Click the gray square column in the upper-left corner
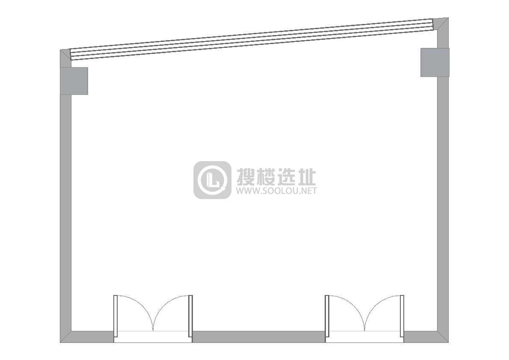74,81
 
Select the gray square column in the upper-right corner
435,62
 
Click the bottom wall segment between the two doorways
258,336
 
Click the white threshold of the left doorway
153,336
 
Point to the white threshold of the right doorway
364,336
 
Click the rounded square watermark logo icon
212,180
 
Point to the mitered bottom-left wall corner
65,337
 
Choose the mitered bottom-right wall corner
443,337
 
